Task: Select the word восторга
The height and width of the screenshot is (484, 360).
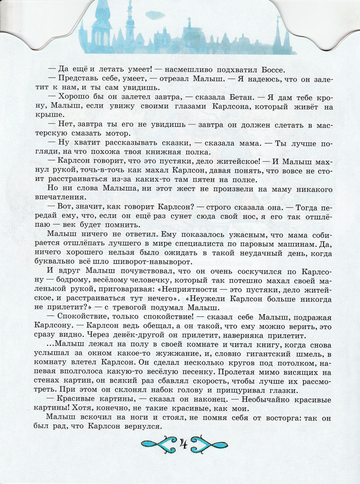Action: pos(286,417)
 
